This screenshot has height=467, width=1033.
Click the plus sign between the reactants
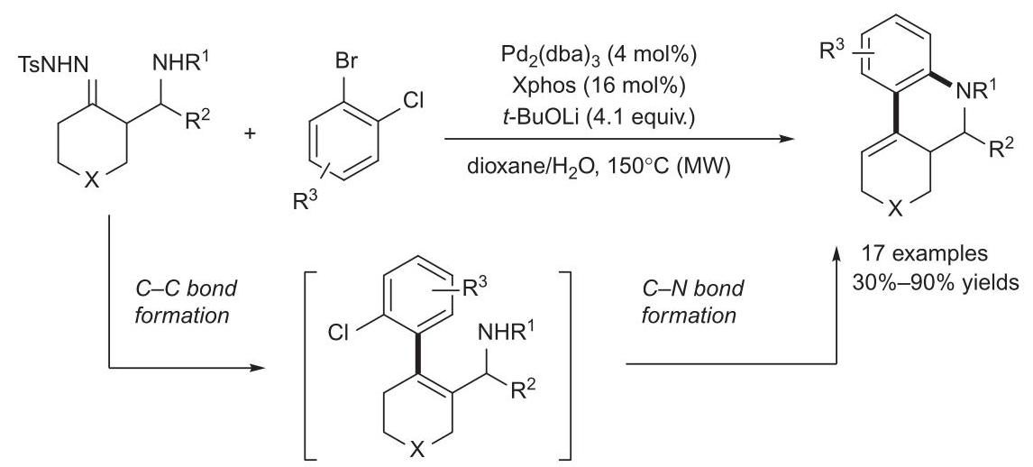click(x=250, y=133)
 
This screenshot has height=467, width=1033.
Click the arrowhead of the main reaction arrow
click(x=782, y=139)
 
